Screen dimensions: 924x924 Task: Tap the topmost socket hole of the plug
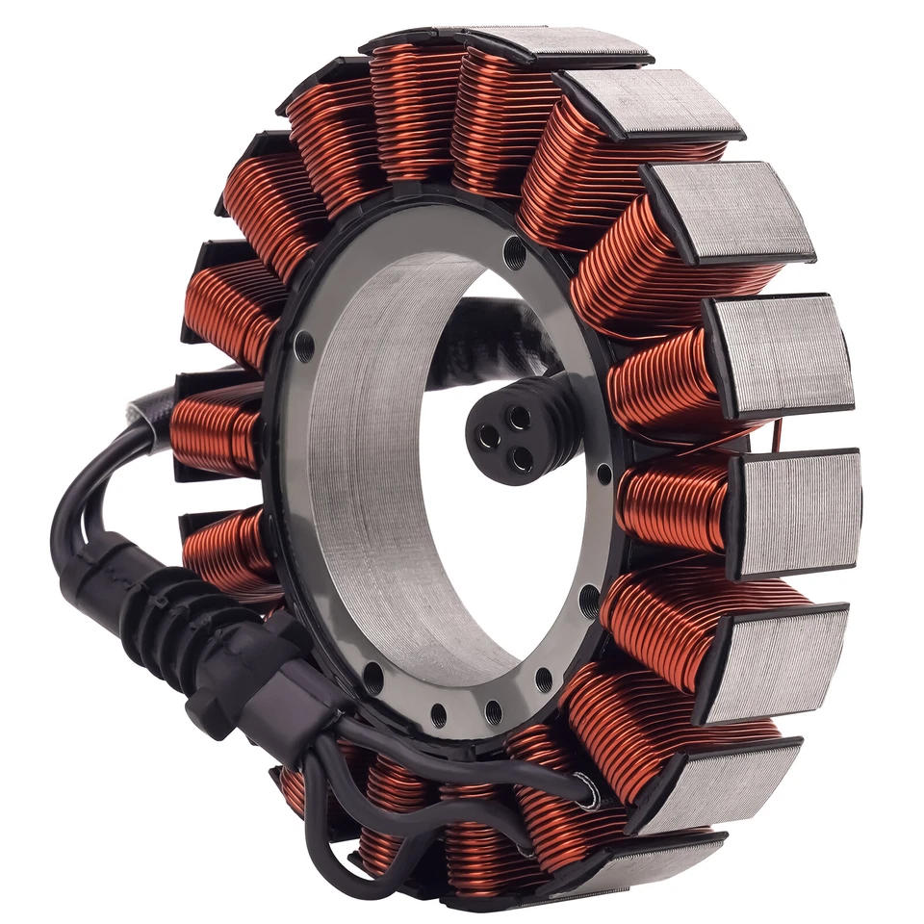520,416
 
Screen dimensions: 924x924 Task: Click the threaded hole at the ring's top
515,255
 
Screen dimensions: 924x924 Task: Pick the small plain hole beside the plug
603,474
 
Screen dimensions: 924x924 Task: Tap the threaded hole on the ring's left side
304,345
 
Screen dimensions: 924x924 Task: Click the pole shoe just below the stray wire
795,510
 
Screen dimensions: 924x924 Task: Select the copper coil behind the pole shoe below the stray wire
674,500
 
